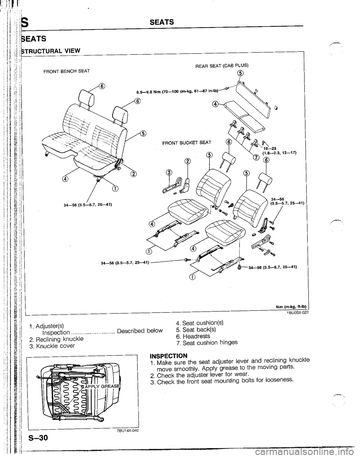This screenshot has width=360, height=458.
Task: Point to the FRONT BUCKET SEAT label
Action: [183, 142]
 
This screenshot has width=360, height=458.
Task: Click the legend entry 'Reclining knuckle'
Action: [58, 339]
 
